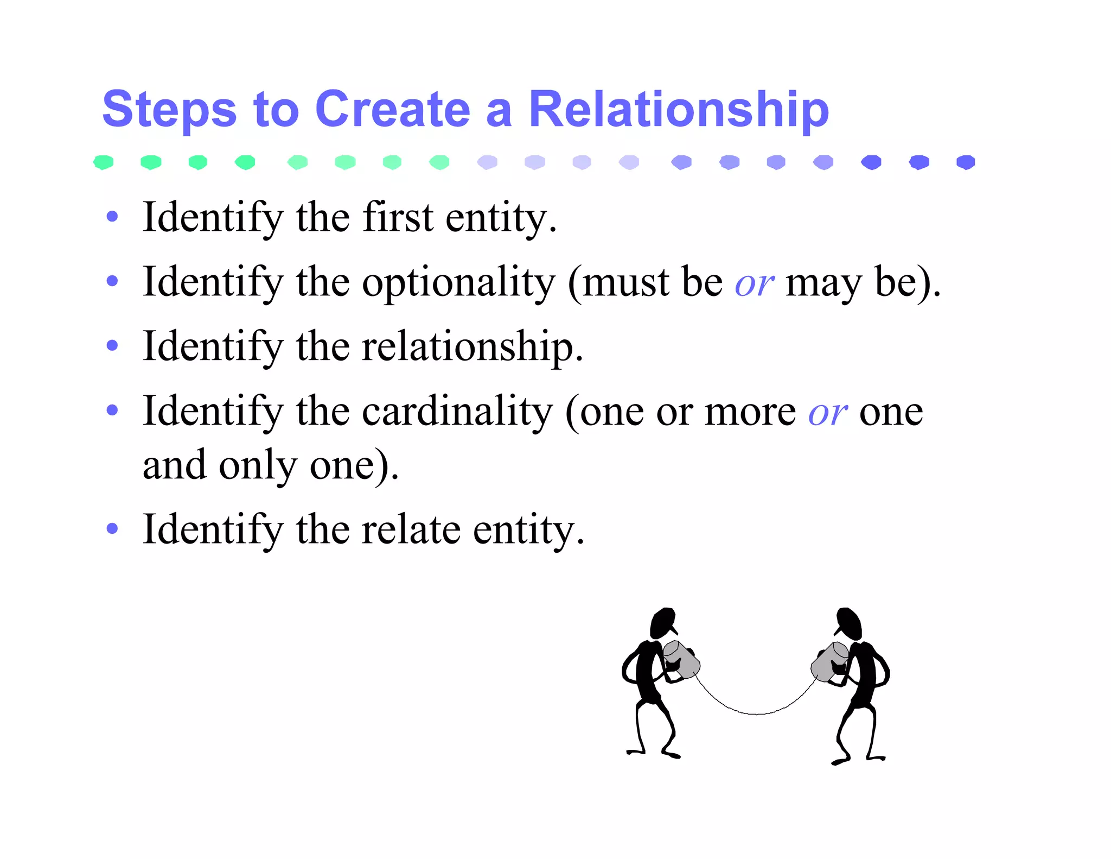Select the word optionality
pos(458,283)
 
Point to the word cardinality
pos(457,412)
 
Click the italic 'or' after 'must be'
pos(754,284)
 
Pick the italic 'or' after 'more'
pos(827,413)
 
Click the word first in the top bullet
pos(398,217)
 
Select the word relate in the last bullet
pos(411,530)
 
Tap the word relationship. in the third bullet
pos(472,347)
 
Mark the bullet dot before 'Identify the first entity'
pos(112,217)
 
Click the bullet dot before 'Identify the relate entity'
pos(112,528)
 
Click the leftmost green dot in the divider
pos(103,162)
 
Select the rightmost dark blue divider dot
pos(966,162)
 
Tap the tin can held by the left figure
pos(682,660)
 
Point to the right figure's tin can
pos(830,661)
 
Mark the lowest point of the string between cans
pos(757,713)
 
